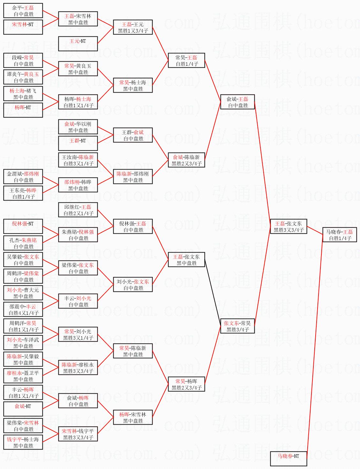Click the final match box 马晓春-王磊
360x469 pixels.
tap(339, 235)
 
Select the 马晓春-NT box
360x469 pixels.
tap(289, 459)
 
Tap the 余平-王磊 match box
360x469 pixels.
tap(23, 11)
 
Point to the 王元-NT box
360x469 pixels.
tap(78, 44)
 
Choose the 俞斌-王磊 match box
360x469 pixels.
tap(237, 102)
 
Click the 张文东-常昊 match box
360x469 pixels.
tap(237, 326)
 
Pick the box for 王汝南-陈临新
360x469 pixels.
tap(78, 160)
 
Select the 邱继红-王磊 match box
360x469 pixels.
tap(78, 210)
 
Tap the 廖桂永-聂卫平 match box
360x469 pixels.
tap(23, 376)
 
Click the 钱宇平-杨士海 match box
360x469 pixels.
tap(23, 443)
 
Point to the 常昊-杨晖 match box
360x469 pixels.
tap(186, 384)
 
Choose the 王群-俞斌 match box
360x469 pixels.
tap(133, 135)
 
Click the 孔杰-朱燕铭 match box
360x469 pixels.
tap(23, 243)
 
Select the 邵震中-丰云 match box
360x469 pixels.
tap(23, 310)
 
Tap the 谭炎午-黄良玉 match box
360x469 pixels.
tap(23, 77)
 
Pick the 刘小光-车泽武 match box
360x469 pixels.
tap(23, 343)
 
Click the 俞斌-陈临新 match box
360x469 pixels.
tap(186, 160)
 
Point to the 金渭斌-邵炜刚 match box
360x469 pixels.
tap(23, 177)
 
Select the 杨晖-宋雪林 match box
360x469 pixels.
tap(133, 418)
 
